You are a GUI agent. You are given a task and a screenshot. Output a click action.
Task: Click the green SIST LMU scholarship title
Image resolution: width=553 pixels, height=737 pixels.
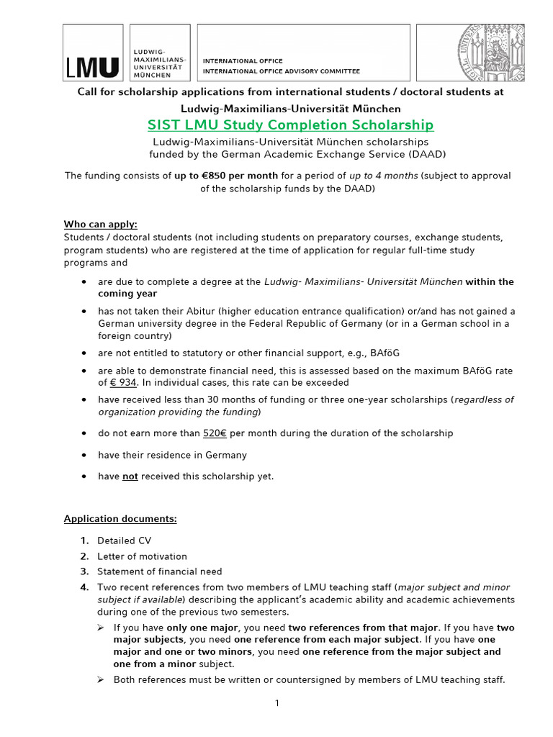290,125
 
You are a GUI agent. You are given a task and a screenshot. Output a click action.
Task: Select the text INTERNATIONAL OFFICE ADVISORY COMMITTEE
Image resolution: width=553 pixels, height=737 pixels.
282,71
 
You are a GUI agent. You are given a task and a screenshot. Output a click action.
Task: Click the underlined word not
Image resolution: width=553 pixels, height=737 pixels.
130,476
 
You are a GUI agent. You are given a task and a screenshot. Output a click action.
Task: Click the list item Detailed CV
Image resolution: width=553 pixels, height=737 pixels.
125,541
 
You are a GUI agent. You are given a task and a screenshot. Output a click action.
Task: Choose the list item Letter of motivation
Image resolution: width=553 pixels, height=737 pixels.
143,556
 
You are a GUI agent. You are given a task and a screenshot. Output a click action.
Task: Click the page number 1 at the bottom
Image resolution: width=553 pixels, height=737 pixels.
276,703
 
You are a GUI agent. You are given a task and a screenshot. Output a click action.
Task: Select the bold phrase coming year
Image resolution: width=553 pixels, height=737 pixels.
127,294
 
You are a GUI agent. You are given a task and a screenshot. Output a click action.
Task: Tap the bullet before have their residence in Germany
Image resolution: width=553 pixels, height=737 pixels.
85,456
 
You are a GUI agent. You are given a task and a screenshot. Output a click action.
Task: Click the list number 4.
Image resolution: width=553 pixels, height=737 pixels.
84,587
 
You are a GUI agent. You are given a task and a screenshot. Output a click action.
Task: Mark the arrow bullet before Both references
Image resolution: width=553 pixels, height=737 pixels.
102,679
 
